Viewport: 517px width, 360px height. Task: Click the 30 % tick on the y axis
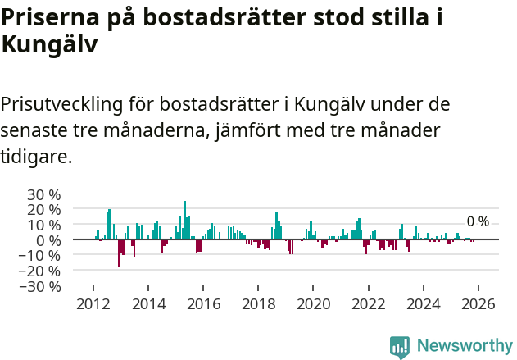click(44, 194)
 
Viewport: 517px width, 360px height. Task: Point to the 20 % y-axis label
click(44, 210)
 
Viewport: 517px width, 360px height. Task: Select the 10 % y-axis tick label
click(44, 225)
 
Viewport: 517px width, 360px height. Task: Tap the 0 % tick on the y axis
click(48, 240)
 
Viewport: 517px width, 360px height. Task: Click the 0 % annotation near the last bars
click(478, 221)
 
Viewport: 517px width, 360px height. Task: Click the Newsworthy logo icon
click(400, 346)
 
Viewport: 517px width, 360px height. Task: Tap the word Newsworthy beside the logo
click(464, 346)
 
